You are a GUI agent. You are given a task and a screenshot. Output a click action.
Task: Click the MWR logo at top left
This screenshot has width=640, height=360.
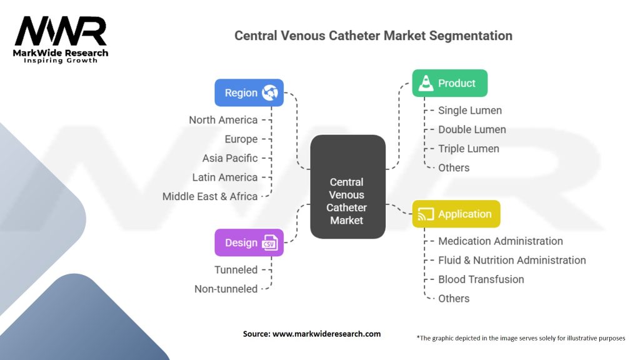(61, 32)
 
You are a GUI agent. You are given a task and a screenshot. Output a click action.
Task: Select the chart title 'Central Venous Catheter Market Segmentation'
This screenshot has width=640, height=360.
(373, 36)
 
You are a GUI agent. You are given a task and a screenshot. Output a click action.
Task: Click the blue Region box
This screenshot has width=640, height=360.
(249, 92)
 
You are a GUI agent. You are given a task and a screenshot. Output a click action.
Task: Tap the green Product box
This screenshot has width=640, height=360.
(449, 83)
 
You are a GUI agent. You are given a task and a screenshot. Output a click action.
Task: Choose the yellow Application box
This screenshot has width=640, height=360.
(456, 214)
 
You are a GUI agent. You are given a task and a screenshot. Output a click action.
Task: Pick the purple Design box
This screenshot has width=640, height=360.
(249, 242)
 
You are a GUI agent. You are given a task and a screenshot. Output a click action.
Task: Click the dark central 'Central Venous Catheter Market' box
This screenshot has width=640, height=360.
(347, 201)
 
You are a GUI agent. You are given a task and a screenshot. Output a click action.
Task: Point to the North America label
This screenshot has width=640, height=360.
(223, 120)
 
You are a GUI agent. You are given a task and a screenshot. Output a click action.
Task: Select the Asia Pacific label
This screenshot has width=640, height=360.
(229, 158)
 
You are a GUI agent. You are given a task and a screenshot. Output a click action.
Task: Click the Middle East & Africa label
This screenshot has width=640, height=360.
(210, 196)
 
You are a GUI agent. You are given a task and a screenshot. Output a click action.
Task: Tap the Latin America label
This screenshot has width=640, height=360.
(224, 177)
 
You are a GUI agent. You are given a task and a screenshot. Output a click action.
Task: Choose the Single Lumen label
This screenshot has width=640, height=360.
(469, 111)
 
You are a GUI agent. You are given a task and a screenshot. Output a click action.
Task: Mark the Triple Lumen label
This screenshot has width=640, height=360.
(468, 149)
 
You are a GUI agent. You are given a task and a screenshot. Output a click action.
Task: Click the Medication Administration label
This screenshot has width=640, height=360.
(500, 241)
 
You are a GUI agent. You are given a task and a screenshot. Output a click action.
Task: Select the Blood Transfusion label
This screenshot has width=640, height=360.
(481, 279)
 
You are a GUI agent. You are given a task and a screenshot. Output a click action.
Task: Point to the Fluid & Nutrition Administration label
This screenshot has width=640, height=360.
(512, 260)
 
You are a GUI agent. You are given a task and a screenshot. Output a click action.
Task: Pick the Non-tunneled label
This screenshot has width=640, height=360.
(226, 289)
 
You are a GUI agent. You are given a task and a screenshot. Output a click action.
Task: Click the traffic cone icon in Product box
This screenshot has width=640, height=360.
(426, 83)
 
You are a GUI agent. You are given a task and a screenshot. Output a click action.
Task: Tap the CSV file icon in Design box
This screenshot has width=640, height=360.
(270, 242)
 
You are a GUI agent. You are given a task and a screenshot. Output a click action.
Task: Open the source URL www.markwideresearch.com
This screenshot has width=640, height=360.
(327, 334)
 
